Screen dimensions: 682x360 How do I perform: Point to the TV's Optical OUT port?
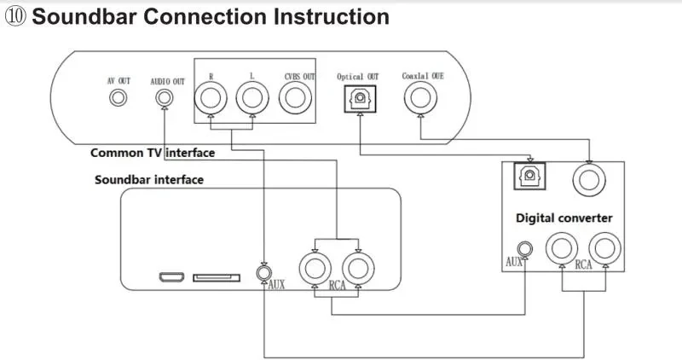[360, 98]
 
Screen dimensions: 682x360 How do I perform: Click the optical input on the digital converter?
[529, 176]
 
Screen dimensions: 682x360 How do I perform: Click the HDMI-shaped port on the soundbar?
[171, 277]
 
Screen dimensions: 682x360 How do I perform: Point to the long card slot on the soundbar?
[217, 277]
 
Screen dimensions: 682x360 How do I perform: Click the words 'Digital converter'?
[564, 218]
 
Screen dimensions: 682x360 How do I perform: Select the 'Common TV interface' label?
[153, 153]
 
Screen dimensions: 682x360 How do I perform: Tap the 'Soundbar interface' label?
[148, 179]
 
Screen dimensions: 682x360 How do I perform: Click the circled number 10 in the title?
[15, 16]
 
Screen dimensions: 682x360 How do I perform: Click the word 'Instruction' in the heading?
[332, 16]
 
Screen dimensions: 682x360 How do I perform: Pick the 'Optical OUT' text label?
[357, 77]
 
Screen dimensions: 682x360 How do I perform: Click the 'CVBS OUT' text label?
[300, 76]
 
